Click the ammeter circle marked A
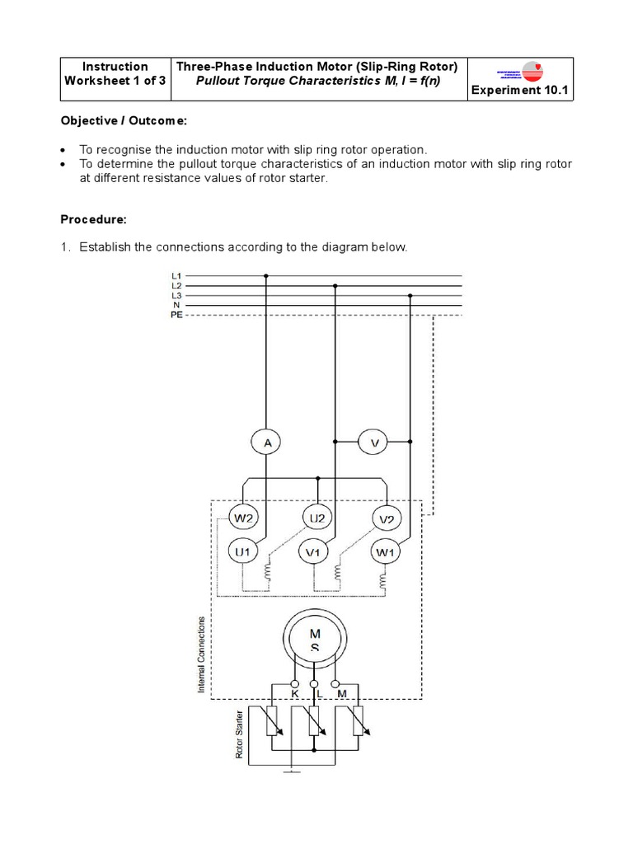pos(266,443)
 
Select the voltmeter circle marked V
pos(374,443)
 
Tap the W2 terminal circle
pos(244,518)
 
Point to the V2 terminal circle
pos(386,518)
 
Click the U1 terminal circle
pos(244,551)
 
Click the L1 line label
pos(176,275)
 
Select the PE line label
pos(176,315)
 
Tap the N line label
pos(176,305)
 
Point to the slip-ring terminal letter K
pos(295,695)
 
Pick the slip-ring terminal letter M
pos(341,695)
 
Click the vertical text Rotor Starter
pos(240,733)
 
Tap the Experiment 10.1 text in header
pos(520,90)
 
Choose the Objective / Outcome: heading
pos(124,121)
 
